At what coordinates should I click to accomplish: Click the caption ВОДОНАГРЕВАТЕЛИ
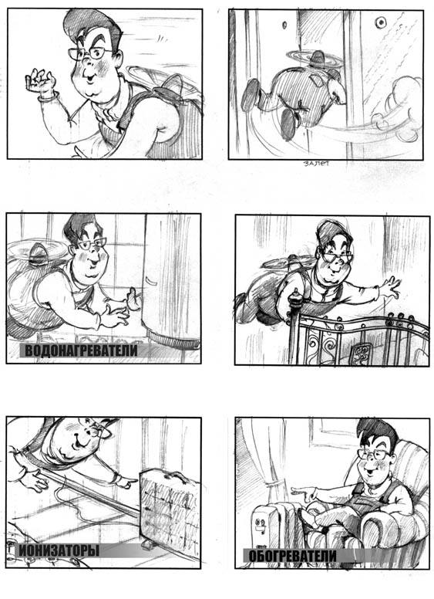click(x=81, y=350)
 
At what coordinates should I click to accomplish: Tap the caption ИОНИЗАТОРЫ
click(x=59, y=550)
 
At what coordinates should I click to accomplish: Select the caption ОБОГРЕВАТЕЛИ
click(x=292, y=556)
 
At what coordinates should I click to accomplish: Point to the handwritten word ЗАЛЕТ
click(x=316, y=164)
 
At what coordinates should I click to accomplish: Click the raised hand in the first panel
click(x=39, y=82)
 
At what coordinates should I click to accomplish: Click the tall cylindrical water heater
click(x=171, y=279)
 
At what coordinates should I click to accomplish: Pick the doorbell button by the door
click(x=381, y=23)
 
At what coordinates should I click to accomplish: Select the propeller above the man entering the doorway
click(x=315, y=58)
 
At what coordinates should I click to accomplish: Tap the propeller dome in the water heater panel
click(x=37, y=253)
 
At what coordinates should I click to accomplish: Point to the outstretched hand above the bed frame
click(x=389, y=288)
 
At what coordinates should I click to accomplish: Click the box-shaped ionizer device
click(x=170, y=506)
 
